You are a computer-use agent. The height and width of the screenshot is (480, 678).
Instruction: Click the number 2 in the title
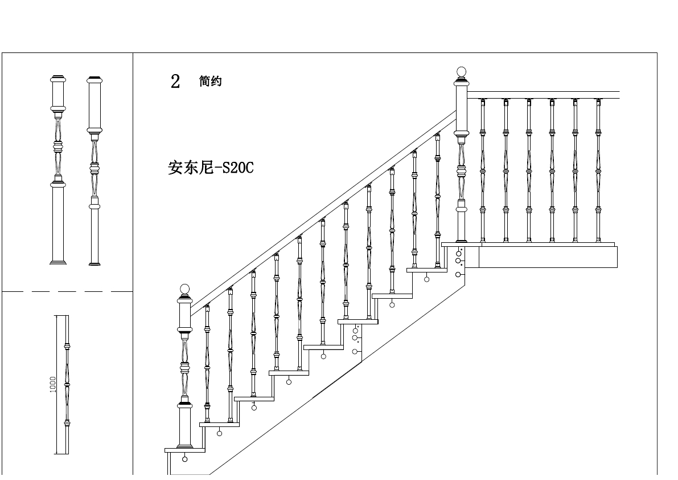click(175, 82)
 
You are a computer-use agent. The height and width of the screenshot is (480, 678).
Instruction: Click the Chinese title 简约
click(210, 82)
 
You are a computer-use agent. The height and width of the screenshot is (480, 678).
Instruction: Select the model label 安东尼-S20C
click(210, 168)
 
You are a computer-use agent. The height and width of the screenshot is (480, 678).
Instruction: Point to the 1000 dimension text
click(53, 384)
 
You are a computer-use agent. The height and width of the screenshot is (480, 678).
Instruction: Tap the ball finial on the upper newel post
click(461, 72)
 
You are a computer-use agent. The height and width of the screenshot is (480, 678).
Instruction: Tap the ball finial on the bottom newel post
click(184, 289)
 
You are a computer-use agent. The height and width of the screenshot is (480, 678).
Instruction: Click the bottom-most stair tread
click(184, 450)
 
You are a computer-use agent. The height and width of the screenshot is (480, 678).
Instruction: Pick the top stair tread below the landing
click(426, 270)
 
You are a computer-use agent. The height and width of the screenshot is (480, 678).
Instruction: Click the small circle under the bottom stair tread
click(184, 459)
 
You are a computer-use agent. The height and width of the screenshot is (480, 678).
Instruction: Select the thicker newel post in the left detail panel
click(57, 171)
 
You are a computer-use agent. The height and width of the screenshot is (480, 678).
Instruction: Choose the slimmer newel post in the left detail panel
click(94, 171)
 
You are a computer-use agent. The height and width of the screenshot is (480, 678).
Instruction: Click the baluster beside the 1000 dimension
click(67, 385)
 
